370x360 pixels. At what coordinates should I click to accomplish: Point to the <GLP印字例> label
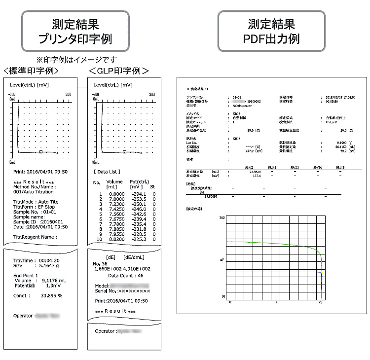pos(118,71)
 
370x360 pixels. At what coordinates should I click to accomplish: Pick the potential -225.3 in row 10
pos(139,240)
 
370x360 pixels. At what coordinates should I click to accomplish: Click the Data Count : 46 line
pos(126,276)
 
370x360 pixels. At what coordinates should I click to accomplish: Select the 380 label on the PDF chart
pos(222,217)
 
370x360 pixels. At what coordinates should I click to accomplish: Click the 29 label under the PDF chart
pos(321,301)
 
